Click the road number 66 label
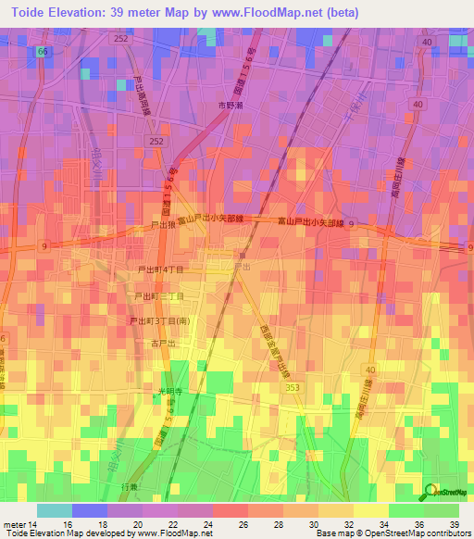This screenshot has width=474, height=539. tap(43, 52)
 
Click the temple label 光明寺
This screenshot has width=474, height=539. tap(167, 392)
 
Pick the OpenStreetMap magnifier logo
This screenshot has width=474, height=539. tap(431, 492)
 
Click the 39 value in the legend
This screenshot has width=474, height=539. tap(453, 523)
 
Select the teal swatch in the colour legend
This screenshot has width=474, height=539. tap(54, 510)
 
